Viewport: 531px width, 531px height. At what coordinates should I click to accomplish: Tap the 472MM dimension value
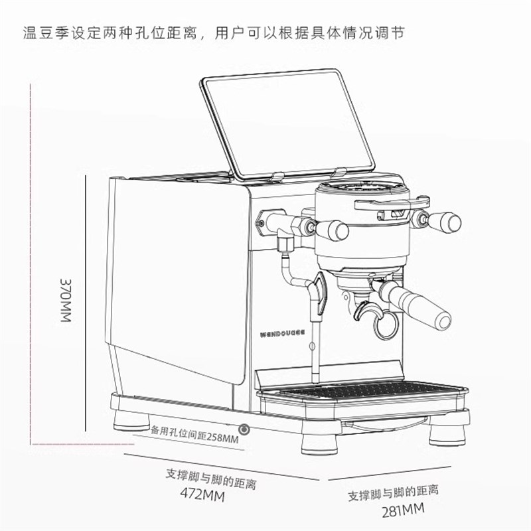point(202,496)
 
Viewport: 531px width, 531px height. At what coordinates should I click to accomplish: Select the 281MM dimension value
point(403,510)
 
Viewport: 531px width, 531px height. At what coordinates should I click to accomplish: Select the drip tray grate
point(372,392)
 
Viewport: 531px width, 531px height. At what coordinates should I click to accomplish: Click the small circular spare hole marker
point(245,430)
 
